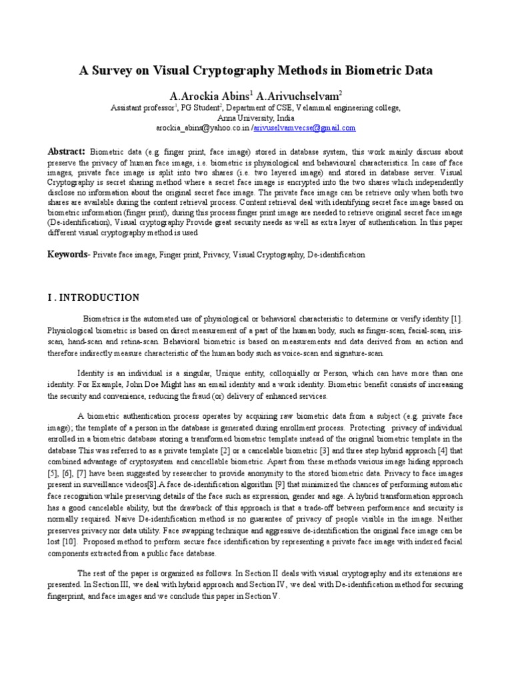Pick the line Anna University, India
point(255,117)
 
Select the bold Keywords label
point(68,254)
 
